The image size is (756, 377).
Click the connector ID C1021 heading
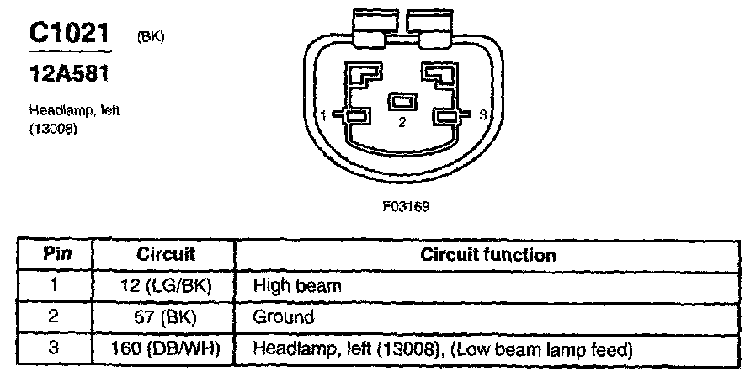tap(70, 34)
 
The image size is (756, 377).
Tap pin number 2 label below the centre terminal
tap(402, 123)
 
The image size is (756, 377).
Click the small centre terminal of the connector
tap(402, 102)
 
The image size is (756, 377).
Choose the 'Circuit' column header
tap(165, 254)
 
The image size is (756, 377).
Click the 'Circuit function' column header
tap(487, 254)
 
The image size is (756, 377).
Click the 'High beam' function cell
tap(297, 285)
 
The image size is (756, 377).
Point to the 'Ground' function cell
tap(284, 316)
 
